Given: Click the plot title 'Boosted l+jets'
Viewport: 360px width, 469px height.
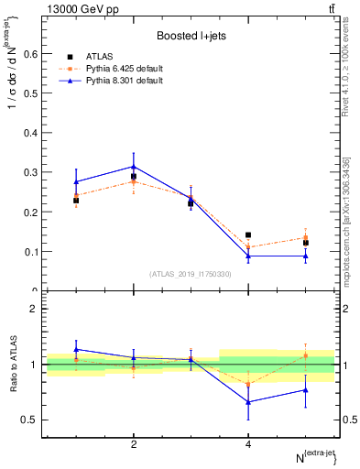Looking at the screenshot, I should pos(190,36).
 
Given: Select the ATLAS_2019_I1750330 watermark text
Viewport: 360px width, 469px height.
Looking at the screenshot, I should pos(190,274).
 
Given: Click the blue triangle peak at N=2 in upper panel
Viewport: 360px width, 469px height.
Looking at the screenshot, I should pos(134,167).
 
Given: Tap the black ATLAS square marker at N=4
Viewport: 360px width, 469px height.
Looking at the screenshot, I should pos(248,235).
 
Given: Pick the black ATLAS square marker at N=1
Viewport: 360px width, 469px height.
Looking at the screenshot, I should pos(76,200).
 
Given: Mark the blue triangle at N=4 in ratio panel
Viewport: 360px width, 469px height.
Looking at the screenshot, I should pos(248,401).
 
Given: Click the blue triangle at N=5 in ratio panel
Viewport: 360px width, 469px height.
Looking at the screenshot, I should pos(306,390).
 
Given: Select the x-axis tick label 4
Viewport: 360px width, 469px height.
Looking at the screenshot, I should pos(248,444).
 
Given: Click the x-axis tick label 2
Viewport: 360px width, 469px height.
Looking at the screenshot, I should pos(134,444).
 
